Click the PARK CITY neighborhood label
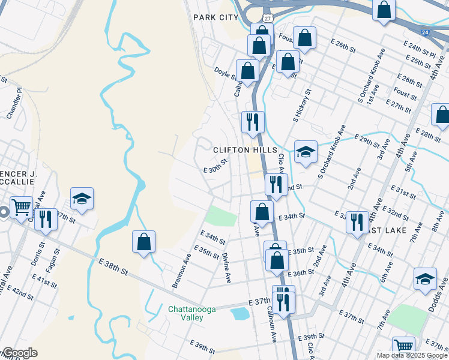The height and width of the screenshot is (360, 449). coord(215,17)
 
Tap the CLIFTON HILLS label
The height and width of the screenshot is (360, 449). coord(238,149)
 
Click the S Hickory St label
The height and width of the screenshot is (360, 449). coord(302,106)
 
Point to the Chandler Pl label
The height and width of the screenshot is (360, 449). coord(13,103)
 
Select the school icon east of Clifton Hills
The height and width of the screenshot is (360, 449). coord(306,152)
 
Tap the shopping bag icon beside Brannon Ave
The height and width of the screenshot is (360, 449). coord(143,242)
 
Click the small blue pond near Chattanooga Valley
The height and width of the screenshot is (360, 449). coord(240,313)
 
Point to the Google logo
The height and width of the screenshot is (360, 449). coord(19,353)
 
